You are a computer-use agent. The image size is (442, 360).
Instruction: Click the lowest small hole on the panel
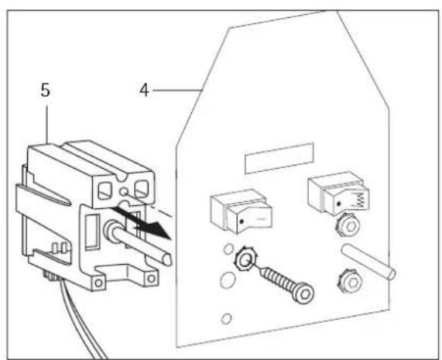click(x=224, y=318)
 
